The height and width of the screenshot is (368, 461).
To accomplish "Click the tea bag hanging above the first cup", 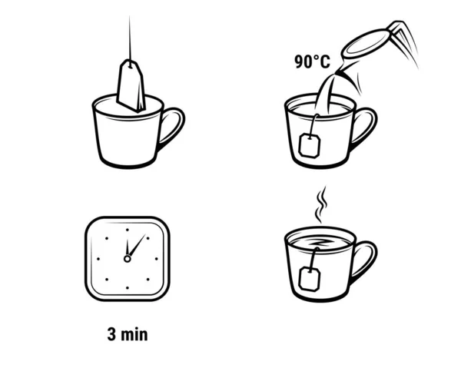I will (x=132, y=86).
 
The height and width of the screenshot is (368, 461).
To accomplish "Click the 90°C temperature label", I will (x=311, y=61).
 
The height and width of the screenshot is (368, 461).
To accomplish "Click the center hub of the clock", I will (x=128, y=259).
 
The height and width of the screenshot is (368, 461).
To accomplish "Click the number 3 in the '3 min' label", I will (x=112, y=334).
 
